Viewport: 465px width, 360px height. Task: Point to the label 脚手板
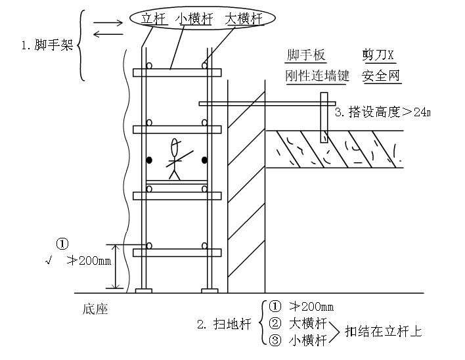click(x=306, y=55)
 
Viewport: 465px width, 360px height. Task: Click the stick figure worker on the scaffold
click(x=175, y=159)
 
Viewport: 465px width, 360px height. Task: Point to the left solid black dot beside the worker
click(x=150, y=160)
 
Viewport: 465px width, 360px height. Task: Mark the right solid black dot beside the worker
click(x=204, y=160)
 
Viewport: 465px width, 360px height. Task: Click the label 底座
click(x=95, y=307)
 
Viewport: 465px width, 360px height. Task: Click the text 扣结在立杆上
click(x=384, y=330)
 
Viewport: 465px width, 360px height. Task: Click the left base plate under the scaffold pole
click(x=144, y=290)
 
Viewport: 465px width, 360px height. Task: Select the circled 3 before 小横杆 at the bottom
click(x=275, y=340)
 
